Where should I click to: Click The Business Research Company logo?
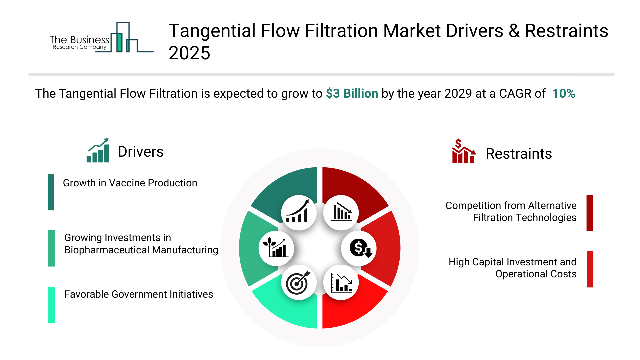(x=102, y=38)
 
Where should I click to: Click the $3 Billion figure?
(x=352, y=94)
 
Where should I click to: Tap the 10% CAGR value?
(x=564, y=94)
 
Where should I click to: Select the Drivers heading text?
(x=141, y=152)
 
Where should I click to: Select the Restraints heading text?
(x=519, y=154)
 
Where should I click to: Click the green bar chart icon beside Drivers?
(x=98, y=151)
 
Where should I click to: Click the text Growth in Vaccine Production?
(x=130, y=183)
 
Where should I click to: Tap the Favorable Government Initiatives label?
(x=138, y=294)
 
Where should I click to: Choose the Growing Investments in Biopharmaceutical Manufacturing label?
(x=141, y=244)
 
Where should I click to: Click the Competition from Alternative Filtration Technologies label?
(x=511, y=212)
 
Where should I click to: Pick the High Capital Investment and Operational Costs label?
(x=512, y=268)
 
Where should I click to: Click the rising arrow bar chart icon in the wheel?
(x=297, y=211)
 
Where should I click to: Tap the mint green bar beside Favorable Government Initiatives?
(x=51, y=305)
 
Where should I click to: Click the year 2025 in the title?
(x=189, y=53)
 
